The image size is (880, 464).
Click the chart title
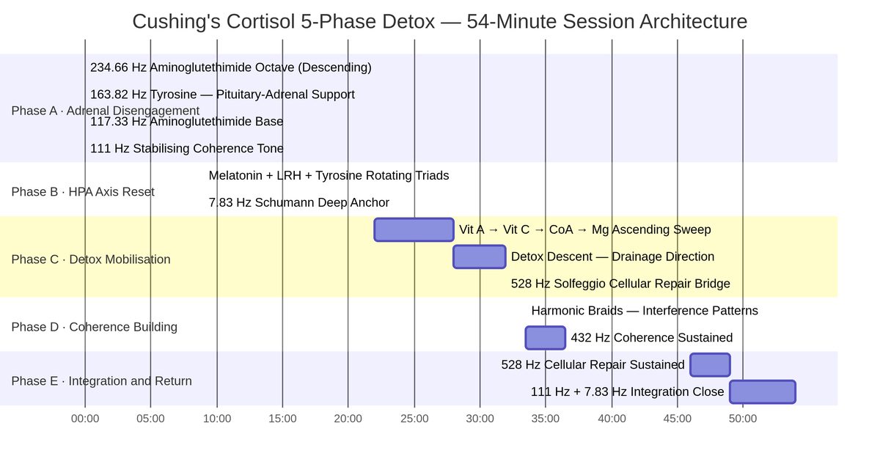point(439,22)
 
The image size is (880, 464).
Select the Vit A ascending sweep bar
point(414,229)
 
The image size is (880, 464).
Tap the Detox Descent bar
point(479,257)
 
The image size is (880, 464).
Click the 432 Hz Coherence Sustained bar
point(545,338)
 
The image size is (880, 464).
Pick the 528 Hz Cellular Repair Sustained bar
point(710,364)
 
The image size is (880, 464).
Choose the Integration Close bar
point(762,391)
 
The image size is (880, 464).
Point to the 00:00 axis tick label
point(85,419)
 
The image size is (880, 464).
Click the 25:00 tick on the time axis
point(414,419)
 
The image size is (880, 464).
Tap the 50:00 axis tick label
point(743,419)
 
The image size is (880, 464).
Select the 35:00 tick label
point(546,419)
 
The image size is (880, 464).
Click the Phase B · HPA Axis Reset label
point(83,192)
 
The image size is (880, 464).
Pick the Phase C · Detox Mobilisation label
point(91,259)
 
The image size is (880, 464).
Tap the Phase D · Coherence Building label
point(94,327)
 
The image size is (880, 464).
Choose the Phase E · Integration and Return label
point(101,381)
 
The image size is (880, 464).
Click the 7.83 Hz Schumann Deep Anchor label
point(298,202)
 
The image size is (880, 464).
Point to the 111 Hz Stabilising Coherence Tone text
point(187,149)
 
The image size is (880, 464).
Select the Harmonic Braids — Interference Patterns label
point(645,311)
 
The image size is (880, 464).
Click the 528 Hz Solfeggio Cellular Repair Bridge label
point(620,284)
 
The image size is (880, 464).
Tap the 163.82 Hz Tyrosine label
point(222,95)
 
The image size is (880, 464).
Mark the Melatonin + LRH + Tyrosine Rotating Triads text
point(329,176)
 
